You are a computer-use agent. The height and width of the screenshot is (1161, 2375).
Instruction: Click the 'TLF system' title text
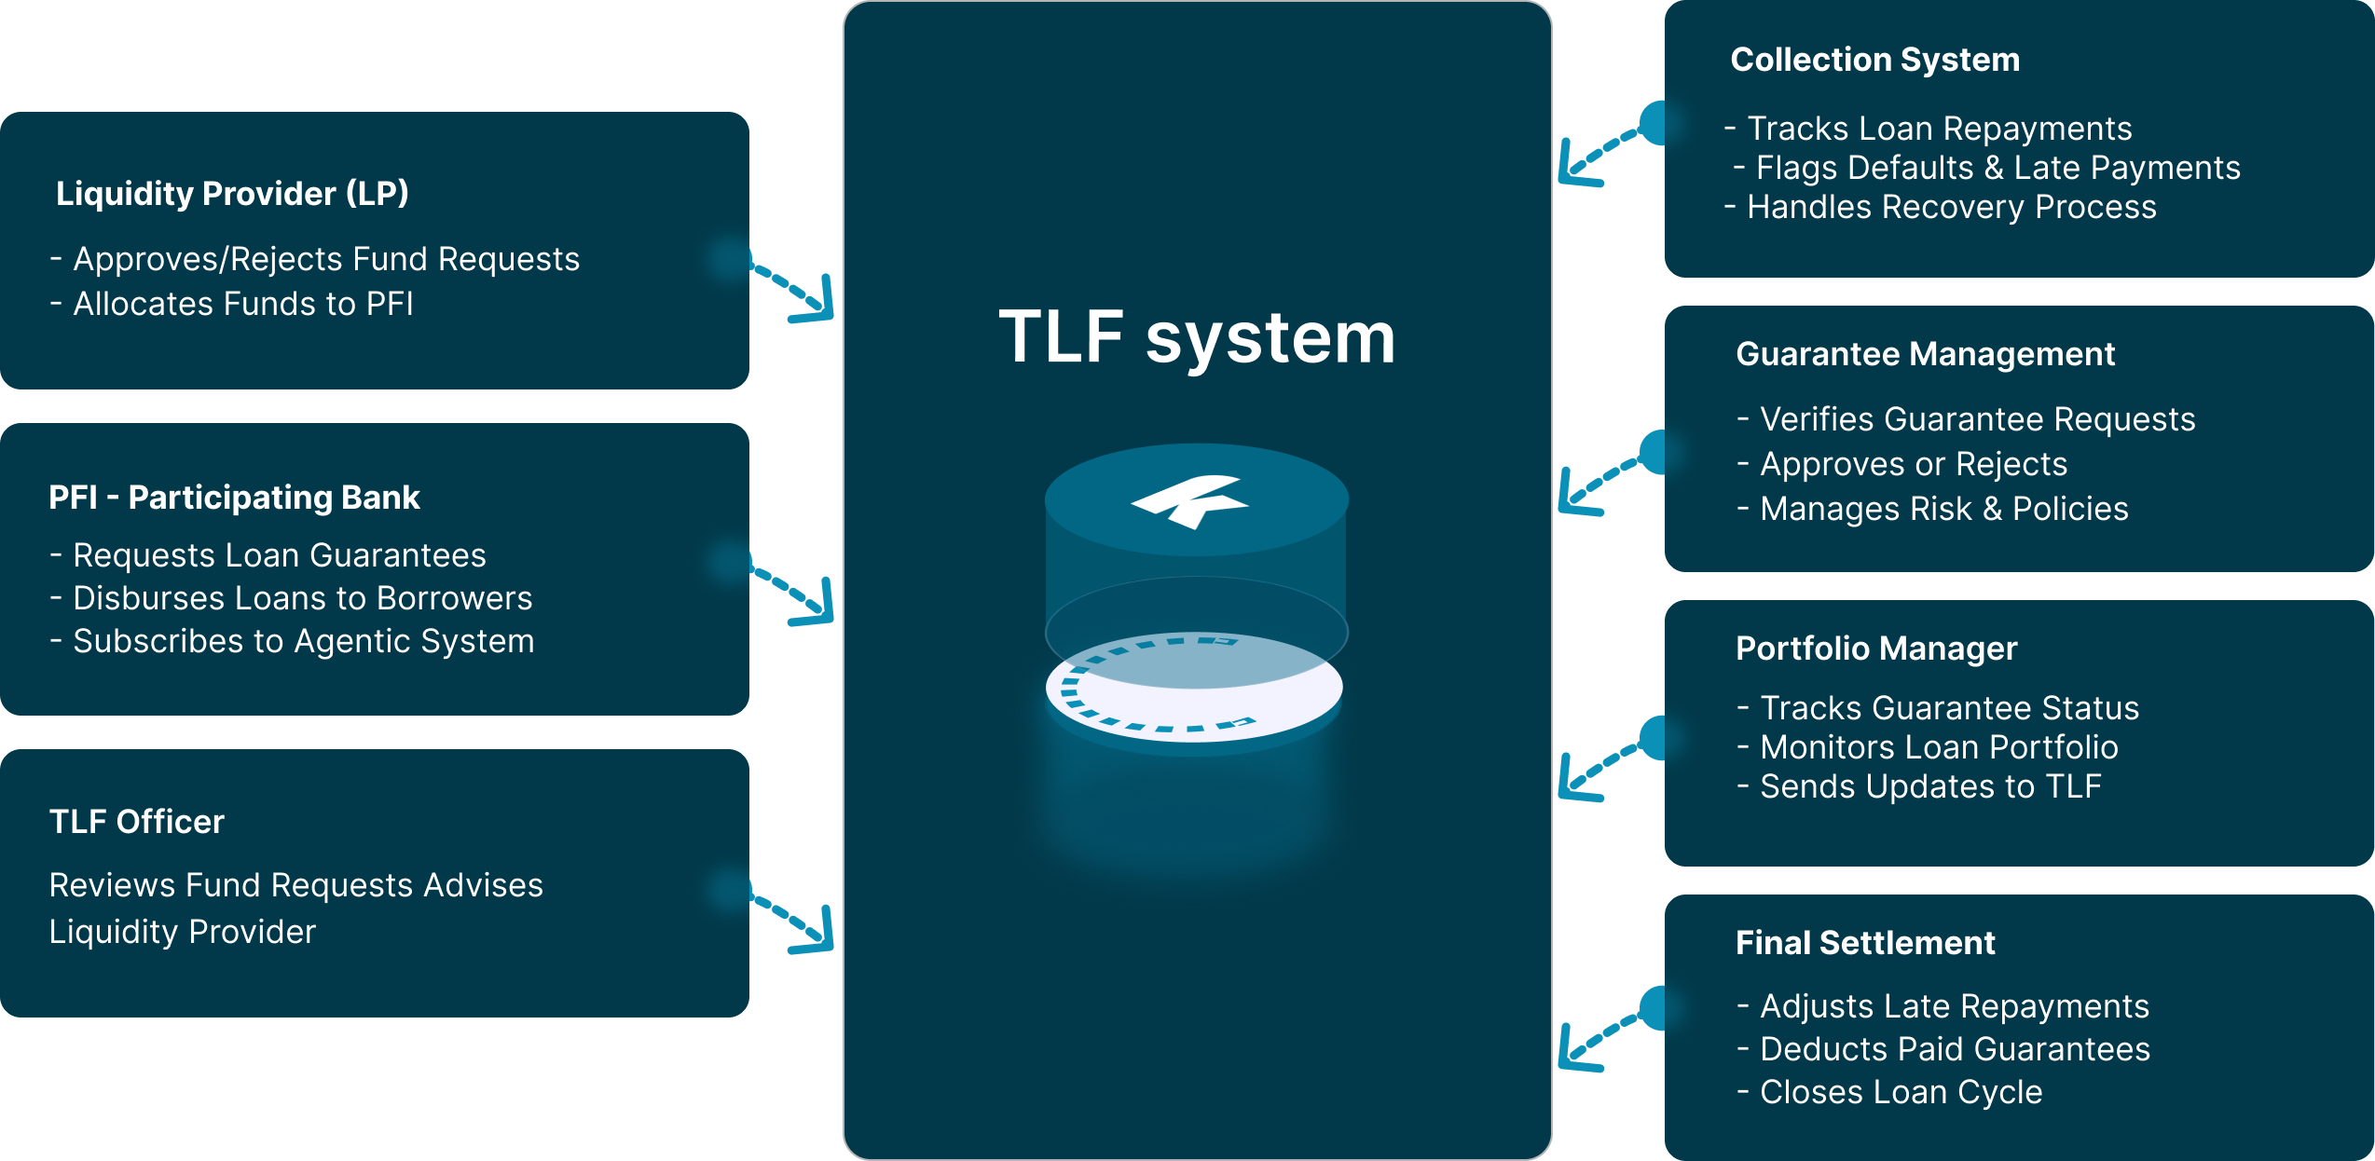(x=1197, y=337)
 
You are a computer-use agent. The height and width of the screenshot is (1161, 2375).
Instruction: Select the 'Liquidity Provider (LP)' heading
(x=232, y=194)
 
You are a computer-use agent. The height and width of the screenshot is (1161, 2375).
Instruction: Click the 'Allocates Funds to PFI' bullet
(x=242, y=304)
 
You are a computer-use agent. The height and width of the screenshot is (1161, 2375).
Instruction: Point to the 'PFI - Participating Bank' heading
(x=234, y=498)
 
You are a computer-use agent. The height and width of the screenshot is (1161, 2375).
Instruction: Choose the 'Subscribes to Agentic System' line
(x=303, y=641)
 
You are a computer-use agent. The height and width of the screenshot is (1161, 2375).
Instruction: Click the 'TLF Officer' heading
(x=137, y=822)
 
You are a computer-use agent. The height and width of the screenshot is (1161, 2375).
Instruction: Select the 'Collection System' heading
(x=1874, y=60)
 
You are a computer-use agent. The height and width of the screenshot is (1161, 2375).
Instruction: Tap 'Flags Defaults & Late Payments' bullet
(x=1997, y=168)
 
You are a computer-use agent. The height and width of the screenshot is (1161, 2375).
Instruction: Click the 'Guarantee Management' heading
(x=1925, y=354)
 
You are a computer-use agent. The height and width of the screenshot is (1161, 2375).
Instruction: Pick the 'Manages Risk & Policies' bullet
(x=1943, y=509)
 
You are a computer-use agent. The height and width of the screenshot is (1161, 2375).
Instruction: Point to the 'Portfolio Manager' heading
(x=1875, y=649)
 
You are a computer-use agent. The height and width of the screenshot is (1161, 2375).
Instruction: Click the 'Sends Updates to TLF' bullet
(x=1929, y=786)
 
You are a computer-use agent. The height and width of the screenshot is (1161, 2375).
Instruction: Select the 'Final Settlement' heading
(x=1864, y=943)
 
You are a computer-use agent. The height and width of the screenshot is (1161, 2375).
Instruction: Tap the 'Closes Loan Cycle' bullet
(x=1900, y=1092)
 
